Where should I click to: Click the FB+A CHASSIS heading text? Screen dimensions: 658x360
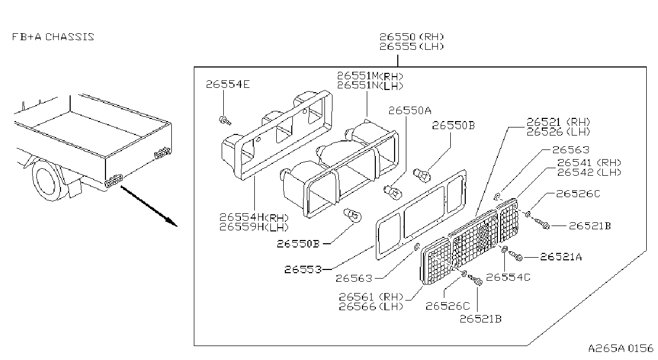pos(53,37)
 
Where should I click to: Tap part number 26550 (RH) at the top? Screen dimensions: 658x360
pos(412,37)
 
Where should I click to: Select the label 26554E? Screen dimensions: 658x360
pos(228,84)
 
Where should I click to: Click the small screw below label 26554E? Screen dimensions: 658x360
pos(225,120)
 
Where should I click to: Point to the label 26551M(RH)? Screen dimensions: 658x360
pos(370,76)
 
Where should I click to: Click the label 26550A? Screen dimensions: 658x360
pos(410,110)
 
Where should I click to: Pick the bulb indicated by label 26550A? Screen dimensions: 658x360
pos(393,192)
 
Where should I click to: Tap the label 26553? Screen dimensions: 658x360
pos(303,269)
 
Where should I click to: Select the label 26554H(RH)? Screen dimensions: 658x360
pos(254,217)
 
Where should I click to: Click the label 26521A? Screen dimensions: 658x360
pos(561,257)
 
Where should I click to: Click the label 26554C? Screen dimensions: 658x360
pos(508,277)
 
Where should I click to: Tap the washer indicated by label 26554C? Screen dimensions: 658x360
pos(504,250)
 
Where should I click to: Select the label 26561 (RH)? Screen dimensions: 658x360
pos(371,297)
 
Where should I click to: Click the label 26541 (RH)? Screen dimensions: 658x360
pos(589,162)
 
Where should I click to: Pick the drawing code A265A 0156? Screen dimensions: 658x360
pos(621,348)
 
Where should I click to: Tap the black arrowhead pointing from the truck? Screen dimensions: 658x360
pos(171,222)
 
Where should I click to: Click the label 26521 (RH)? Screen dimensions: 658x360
pos(558,122)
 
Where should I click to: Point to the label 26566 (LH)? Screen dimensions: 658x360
pos(371,306)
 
